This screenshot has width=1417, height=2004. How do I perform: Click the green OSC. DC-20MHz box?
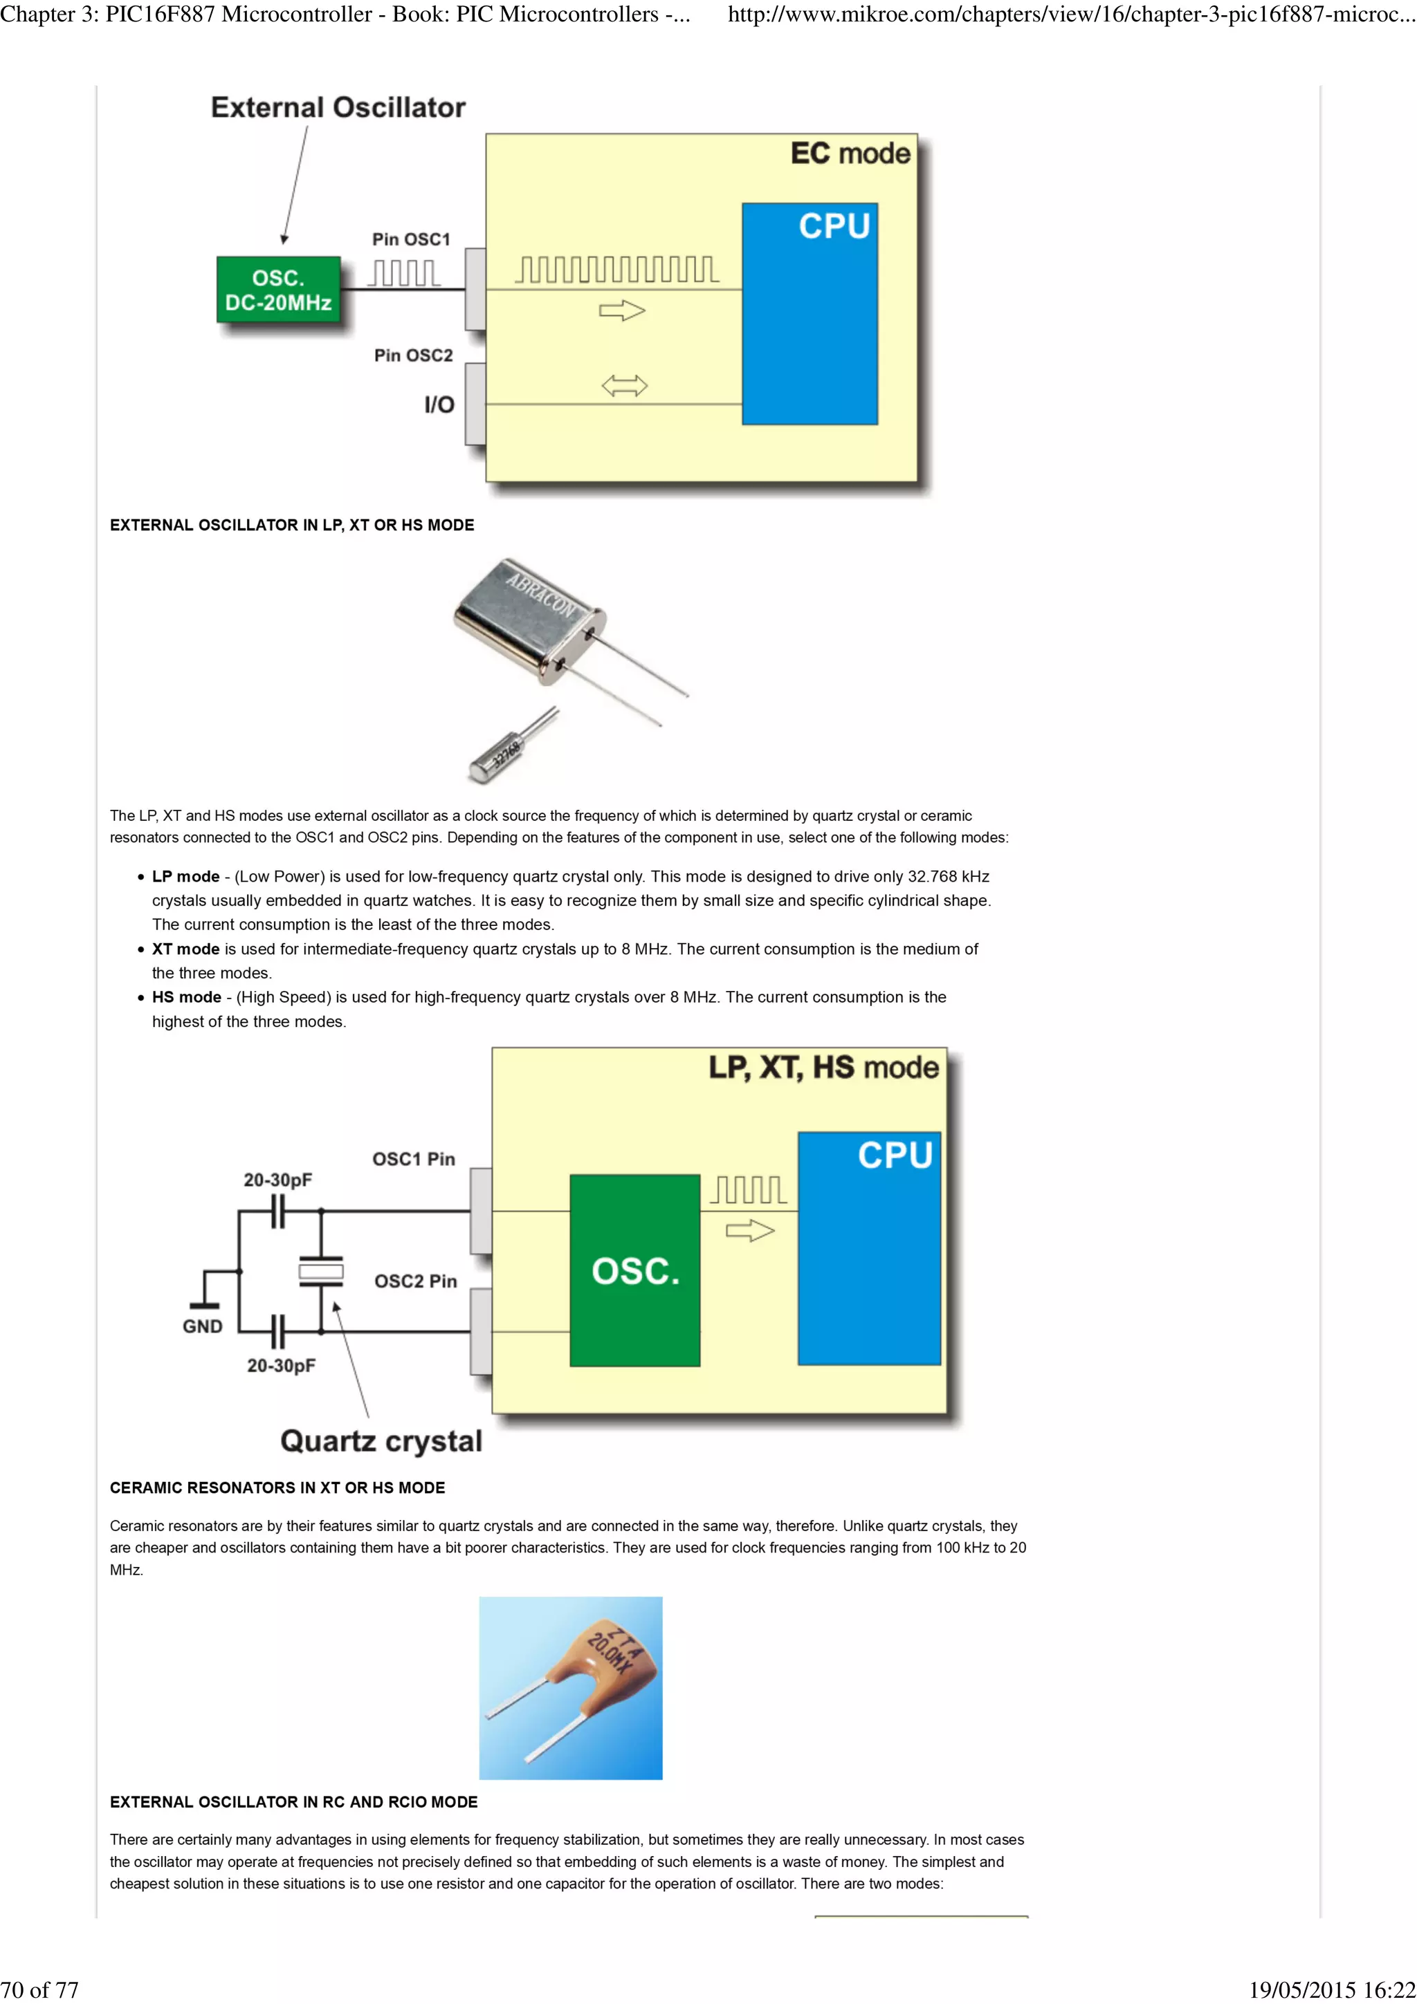pyautogui.click(x=277, y=290)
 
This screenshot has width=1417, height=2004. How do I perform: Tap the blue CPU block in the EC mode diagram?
pyautogui.click(x=810, y=314)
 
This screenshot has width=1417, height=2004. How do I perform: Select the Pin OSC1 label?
pyautogui.click(x=410, y=239)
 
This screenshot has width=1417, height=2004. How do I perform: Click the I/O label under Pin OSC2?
pyautogui.click(x=439, y=404)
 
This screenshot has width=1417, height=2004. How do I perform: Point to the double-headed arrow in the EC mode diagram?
pyautogui.click(x=624, y=385)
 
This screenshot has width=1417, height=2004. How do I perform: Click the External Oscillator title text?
pyautogui.click(x=338, y=107)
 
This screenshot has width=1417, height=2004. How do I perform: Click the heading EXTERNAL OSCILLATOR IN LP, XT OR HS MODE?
pyautogui.click(x=291, y=525)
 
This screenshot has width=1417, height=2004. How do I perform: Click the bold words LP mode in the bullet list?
pyautogui.click(x=185, y=876)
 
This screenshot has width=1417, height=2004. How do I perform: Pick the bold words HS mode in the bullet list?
pyautogui.click(x=186, y=996)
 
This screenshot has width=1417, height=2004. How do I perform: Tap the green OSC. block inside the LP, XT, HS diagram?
pyautogui.click(x=634, y=1270)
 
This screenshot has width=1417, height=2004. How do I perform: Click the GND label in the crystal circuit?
pyautogui.click(x=203, y=1326)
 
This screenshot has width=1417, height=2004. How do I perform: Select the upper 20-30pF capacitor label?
pyautogui.click(x=277, y=1180)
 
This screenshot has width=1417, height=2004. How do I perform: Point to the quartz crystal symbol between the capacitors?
pyautogui.click(x=320, y=1272)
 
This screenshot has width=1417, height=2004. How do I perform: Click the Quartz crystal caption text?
pyautogui.click(x=381, y=1440)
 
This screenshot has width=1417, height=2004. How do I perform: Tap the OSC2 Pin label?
pyautogui.click(x=416, y=1281)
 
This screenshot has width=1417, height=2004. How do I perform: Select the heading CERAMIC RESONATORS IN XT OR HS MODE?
pyautogui.click(x=277, y=1487)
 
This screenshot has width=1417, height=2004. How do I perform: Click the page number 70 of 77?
pyautogui.click(x=39, y=1989)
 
